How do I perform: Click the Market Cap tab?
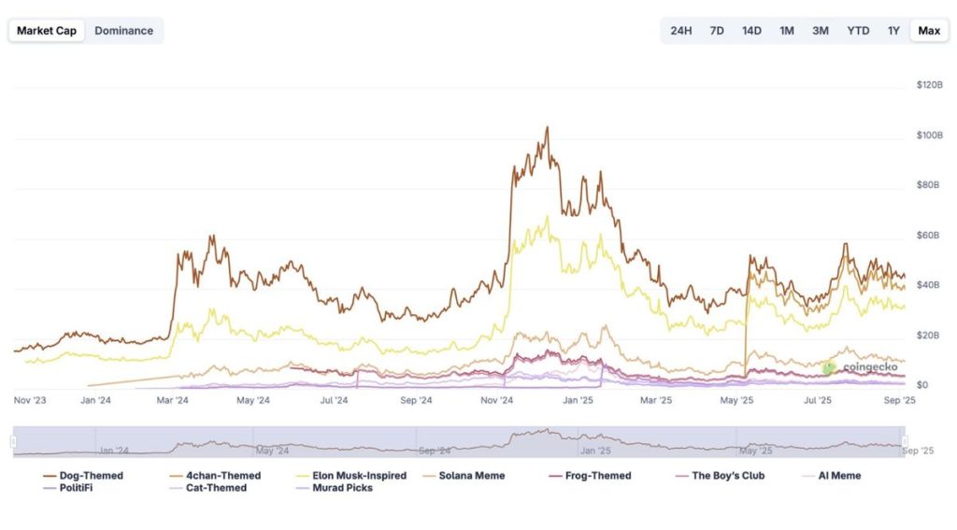click(47, 31)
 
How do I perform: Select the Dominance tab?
click(123, 31)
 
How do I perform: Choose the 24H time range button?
click(680, 31)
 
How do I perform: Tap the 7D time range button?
click(717, 31)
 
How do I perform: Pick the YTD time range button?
click(857, 31)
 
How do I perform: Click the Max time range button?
click(928, 31)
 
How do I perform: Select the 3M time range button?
click(820, 31)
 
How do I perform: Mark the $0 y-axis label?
click(921, 385)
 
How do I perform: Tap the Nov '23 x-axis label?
click(32, 400)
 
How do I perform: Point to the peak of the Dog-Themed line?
click(547, 128)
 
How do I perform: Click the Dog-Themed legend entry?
click(84, 476)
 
